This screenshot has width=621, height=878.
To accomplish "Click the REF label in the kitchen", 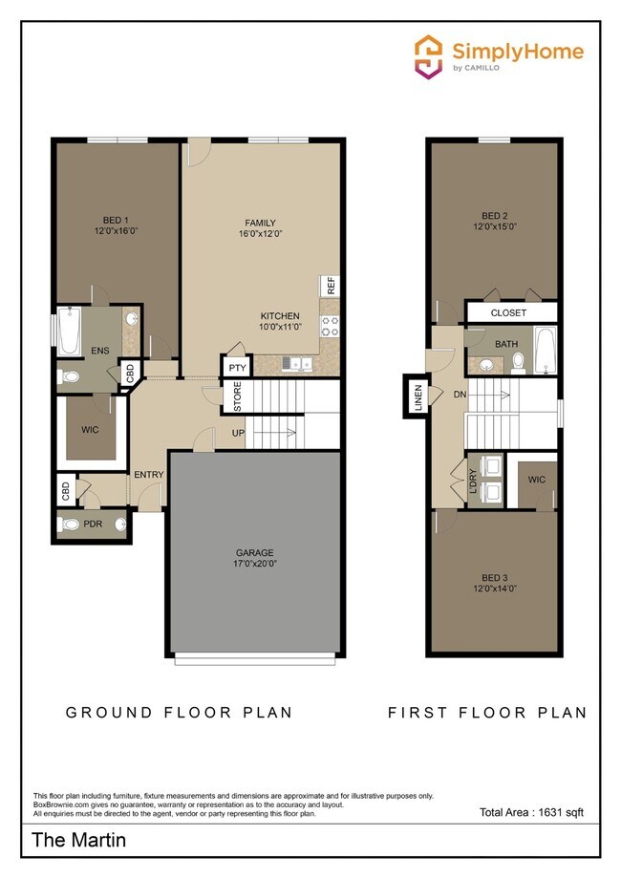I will [331, 286].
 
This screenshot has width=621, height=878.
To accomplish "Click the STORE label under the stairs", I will [237, 397].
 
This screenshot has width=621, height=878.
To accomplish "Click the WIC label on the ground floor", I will [89, 430].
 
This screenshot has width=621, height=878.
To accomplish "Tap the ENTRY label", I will [148, 475].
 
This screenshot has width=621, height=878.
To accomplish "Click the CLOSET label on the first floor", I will [508, 312].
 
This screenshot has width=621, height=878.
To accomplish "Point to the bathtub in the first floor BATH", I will [546, 351].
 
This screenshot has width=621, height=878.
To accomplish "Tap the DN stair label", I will [459, 393].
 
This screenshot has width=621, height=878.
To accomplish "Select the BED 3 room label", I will [493, 584].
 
